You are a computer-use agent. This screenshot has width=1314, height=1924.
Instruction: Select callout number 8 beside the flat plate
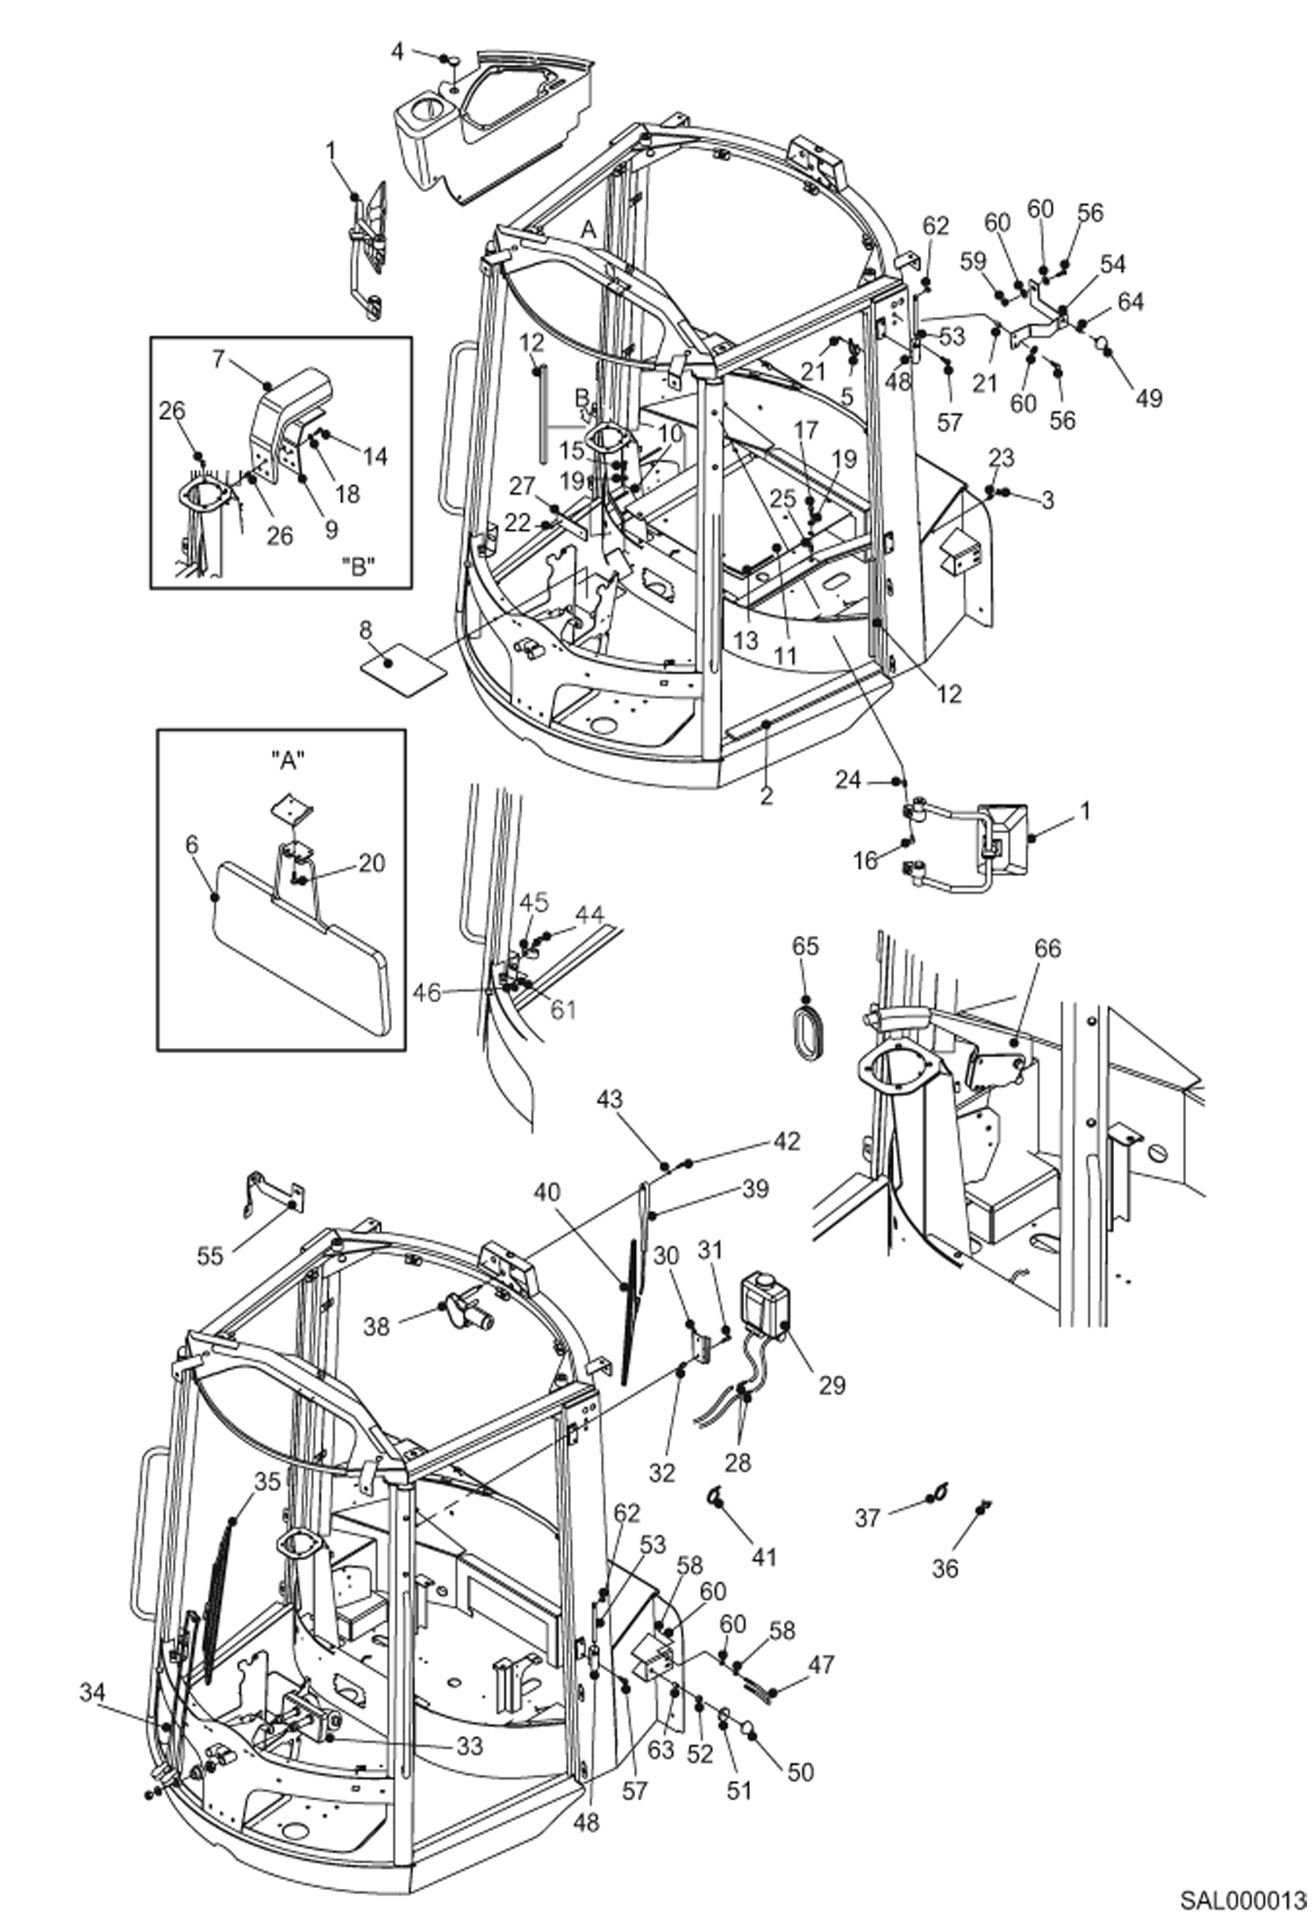(x=365, y=629)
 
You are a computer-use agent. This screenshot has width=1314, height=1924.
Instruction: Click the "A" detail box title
(x=290, y=760)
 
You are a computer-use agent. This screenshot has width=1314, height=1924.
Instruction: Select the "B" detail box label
(x=357, y=567)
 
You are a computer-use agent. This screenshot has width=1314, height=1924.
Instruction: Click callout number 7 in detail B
(x=219, y=359)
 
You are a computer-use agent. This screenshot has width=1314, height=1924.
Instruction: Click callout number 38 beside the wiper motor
(x=377, y=1327)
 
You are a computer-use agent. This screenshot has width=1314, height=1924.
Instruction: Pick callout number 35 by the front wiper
(x=268, y=1480)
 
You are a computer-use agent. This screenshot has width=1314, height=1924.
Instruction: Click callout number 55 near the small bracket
(x=210, y=1256)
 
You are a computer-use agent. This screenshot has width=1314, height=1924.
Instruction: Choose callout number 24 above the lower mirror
(x=848, y=779)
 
